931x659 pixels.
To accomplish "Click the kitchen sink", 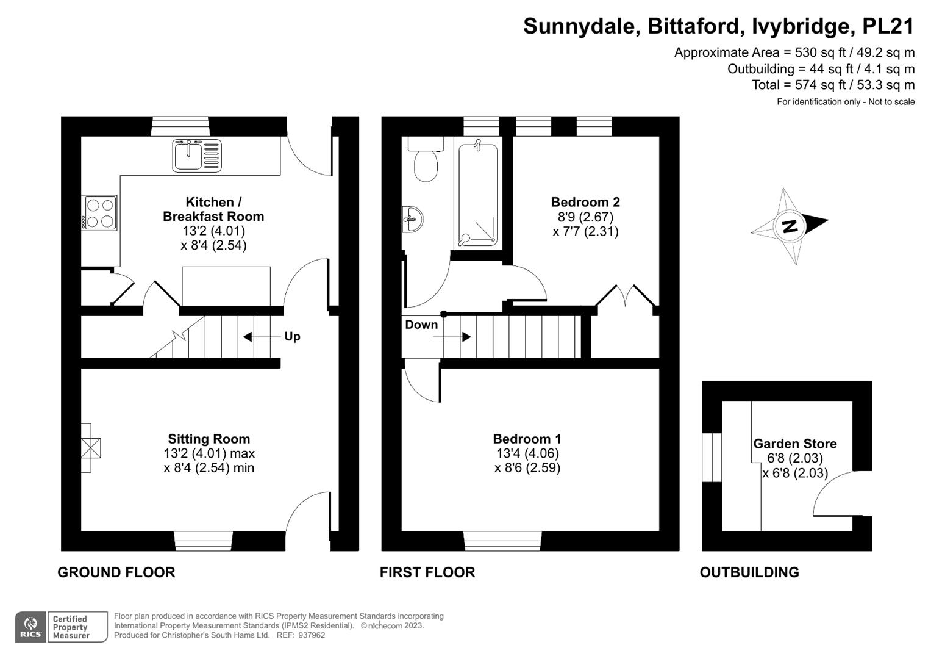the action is (197, 156).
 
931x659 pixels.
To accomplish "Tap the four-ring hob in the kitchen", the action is (99, 212).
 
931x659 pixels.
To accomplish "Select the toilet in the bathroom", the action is (426, 159).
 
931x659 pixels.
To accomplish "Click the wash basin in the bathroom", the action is (412, 219).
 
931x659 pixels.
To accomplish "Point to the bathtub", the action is (478, 194).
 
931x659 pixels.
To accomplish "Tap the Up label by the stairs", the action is (292, 337).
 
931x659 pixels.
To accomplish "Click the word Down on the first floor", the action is (421, 325).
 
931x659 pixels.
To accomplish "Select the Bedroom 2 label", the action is (585, 202).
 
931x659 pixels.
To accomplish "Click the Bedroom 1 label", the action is (527, 439).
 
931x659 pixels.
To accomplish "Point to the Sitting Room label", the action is (209, 439).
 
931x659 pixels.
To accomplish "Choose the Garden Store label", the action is (795, 444).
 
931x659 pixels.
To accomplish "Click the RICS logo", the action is (30, 627).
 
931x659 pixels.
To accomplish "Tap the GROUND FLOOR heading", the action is (116, 572).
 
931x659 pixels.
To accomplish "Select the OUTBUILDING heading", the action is (749, 572).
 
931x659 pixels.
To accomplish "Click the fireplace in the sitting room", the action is (91, 448).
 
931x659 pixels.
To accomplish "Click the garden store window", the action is (712, 458).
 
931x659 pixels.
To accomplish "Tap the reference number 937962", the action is (312, 635).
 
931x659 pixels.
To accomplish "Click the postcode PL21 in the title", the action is (888, 26).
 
